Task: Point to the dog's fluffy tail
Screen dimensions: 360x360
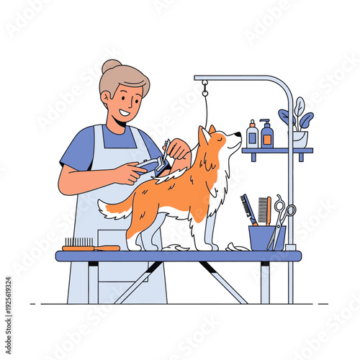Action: (x=115, y=209)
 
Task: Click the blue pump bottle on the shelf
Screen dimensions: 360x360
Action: (x=267, y=135)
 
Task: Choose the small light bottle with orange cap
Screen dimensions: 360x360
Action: (x=252, y=135)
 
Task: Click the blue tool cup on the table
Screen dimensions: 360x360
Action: (x=266, y=238)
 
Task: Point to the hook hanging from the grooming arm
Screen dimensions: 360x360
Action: (x=205, y=90)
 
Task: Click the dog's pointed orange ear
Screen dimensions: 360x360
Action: (x=204, y=135)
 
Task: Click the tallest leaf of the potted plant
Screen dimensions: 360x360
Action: (x=299, y=107)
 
